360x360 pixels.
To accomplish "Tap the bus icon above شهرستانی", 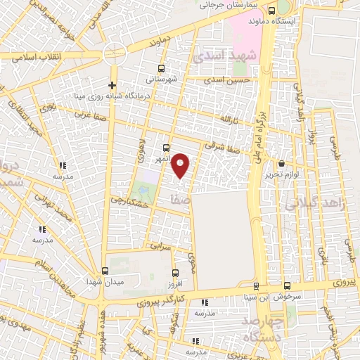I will click(162, 69).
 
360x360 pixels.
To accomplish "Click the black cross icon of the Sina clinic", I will click(112, 85).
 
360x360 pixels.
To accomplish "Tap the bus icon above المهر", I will click(166, 148).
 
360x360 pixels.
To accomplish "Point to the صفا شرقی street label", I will click(222, 146).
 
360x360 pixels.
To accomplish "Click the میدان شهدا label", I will click(105, 282).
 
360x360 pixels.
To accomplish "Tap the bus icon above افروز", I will click(175, 271).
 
